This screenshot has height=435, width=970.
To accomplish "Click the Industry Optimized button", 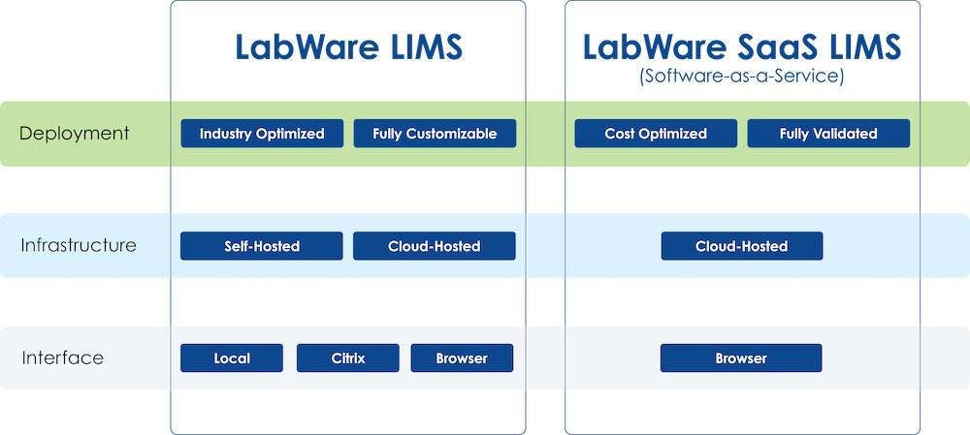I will [262, 134].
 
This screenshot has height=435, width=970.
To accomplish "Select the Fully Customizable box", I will [435, 134].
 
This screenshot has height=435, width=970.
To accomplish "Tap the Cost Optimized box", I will [656, 134].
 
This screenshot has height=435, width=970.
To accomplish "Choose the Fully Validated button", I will [828, 134].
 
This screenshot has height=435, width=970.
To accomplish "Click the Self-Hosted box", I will [261, 246].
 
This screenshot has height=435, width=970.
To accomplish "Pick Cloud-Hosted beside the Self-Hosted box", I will [434, 246].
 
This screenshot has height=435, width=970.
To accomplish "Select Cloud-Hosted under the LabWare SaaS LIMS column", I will [742, 246].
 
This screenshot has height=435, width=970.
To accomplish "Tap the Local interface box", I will [232, 358].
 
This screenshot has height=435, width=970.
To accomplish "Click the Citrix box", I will [347, 358].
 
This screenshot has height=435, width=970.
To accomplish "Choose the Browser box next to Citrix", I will [462, 358].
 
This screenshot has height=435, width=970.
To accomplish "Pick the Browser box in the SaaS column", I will [741, 358].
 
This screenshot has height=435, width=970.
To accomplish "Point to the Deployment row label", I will [74, 134].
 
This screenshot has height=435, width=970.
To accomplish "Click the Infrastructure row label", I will [79, 245].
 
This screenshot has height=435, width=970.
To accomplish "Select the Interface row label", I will [62, 358].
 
